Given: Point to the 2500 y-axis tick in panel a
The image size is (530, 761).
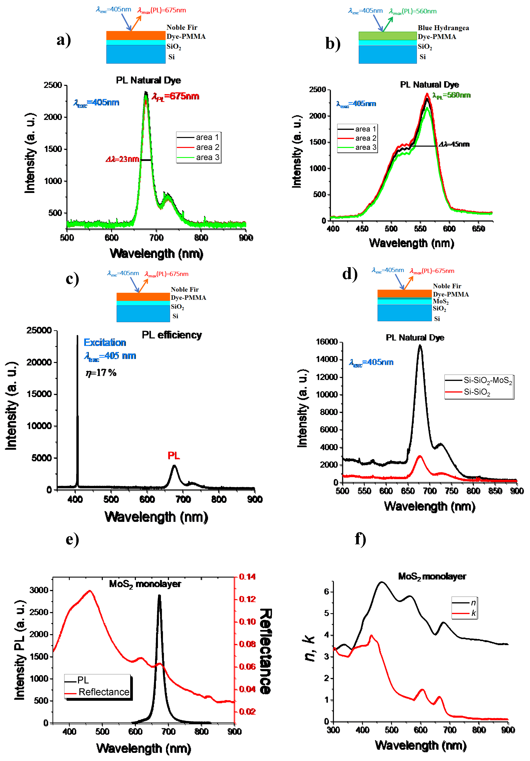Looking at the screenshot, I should (53, 85).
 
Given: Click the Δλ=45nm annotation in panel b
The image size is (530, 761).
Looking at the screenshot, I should (454, 144).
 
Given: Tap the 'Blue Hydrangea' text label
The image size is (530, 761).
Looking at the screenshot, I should (443, 28).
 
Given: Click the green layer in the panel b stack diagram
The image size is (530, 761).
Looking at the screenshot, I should (387, 36).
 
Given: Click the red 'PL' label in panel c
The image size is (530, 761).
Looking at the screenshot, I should (174, 456).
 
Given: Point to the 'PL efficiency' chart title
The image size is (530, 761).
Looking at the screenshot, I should (172, 335).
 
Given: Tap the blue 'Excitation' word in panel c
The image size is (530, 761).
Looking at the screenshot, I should (105, 342).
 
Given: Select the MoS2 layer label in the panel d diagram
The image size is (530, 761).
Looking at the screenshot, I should (441, 301).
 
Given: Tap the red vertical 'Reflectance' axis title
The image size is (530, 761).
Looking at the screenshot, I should (265, 651).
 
